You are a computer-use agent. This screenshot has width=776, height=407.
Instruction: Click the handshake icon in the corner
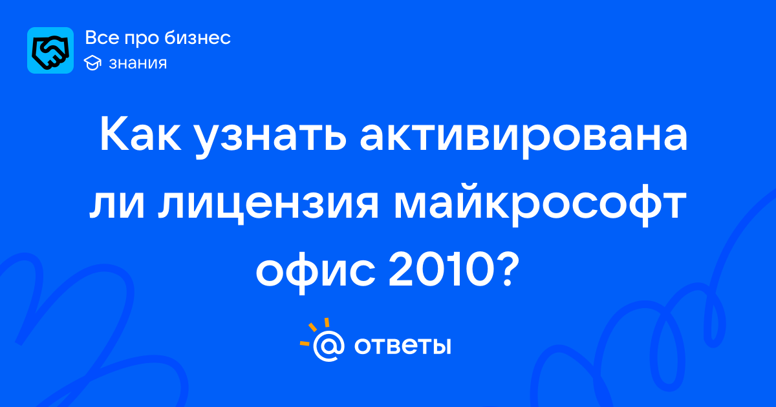point(50,50)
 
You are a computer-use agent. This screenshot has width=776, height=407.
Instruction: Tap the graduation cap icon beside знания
point(92,63)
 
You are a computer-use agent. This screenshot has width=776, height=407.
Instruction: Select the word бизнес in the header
point(197,37)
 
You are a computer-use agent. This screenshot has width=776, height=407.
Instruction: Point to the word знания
point(138,63)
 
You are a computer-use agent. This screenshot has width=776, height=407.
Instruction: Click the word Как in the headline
point(140,135)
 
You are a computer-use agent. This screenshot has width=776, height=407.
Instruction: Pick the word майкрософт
point(541,205)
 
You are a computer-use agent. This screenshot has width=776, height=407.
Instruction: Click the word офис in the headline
point(316,273)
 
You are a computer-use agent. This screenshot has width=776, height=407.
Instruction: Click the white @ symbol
point(329,346)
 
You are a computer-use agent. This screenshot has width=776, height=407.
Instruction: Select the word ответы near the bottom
point(402,346)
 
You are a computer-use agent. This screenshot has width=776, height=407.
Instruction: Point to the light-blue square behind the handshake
point(50,50)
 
